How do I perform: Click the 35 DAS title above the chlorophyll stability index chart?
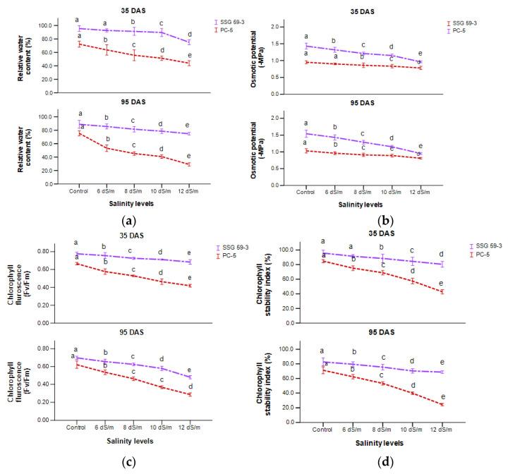(x=382, y=236)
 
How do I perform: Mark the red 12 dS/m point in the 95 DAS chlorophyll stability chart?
(x=442, y=405)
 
